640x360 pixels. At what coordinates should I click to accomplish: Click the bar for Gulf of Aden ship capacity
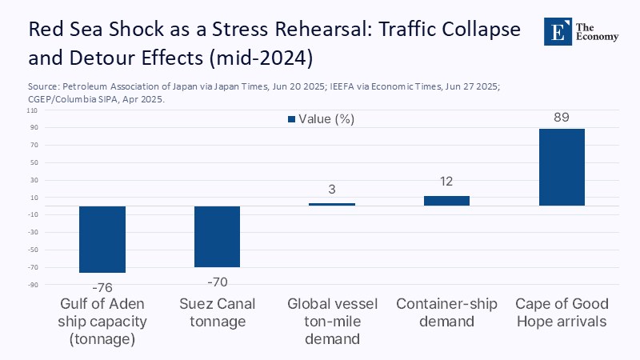click(x=102, y=239)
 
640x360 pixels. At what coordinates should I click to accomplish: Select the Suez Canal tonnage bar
click(x=217, y=237)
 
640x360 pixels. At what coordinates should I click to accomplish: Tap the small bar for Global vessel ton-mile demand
click(x=332, y=204)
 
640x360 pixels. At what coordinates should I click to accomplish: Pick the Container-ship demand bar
click(x=446, y=201)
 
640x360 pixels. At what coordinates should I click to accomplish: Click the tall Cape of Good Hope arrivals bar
click(x=562, y=167)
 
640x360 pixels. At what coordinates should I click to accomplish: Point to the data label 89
click(x=562, y=118)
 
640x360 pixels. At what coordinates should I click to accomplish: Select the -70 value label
click(x=217, y=281)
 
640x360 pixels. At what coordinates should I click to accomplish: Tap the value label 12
click(x=446, y=182)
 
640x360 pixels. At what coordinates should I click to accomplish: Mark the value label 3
click(x=332, y=190)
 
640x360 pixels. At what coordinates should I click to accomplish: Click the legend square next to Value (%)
click(x=291, y=119)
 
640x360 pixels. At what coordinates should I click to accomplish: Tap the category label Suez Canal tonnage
click(x=217, y=313)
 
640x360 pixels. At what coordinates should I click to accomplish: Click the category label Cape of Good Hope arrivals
click(x=562, y=313)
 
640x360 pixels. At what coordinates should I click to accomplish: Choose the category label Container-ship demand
click(x=446, y=313)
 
